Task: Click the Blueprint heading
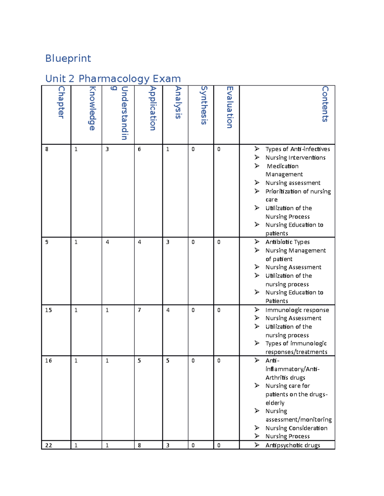pos(68,58)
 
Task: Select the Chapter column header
pos(61,102)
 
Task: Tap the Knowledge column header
pos(92,108)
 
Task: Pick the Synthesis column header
pos(204,105)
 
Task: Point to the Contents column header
pos(325,104)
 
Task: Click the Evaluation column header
pos(229,107)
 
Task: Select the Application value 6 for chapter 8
pos(139,149)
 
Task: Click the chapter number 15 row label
pos(48,310)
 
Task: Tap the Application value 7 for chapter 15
pos(139,310)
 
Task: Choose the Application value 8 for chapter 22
pos(139,445)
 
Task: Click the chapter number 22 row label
pos(49,445)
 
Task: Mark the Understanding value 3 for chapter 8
pos(107,149)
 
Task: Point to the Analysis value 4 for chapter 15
pos(168,310)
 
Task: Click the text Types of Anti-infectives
pos(298,149)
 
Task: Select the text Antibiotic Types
pos(287,242)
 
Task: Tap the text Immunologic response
pos(297,310)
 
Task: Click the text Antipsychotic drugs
pos(292,445)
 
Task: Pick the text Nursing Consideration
pos(296,428)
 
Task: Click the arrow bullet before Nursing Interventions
pos(257,157)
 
